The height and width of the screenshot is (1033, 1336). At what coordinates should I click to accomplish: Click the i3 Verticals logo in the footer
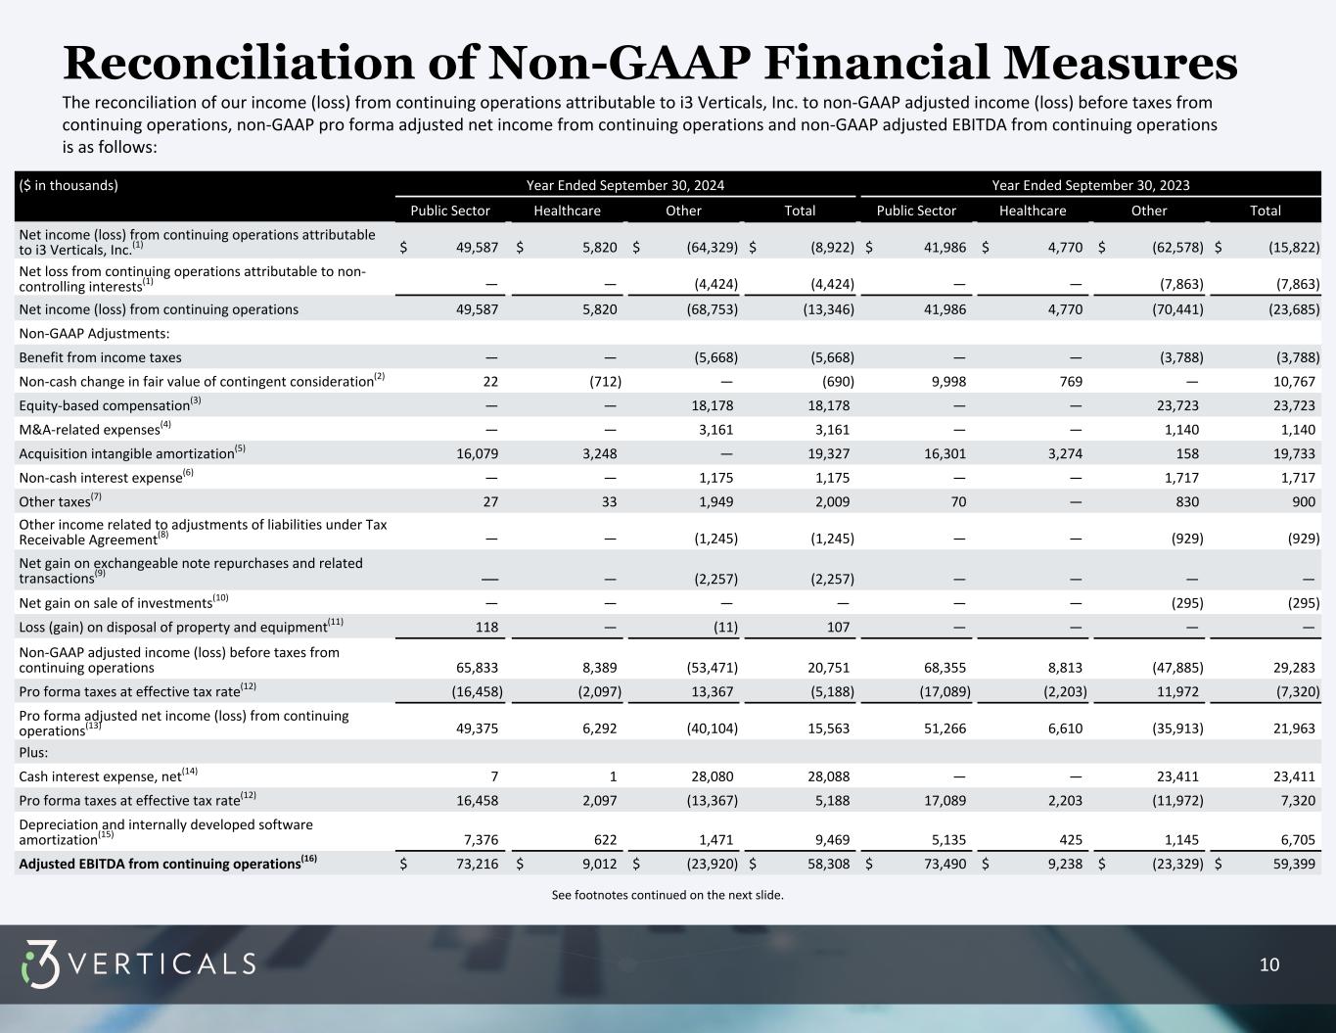pyautogui.click(x=138, y=964)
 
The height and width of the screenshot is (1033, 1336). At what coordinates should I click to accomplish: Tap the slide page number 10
pyautogui.click(x=1268, y=965)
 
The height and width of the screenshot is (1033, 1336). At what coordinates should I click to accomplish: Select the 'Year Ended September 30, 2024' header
pyautogui.click(x=625, y=185)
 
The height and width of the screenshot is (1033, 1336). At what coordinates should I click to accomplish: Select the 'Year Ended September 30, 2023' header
pyautogui.click(x=1090, y=185)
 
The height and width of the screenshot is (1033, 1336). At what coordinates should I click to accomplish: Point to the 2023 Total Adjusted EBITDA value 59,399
pyautogui.click(x=1294, y=864)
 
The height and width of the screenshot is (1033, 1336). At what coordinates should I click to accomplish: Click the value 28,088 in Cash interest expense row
pyautogui.click(x=828, y=776)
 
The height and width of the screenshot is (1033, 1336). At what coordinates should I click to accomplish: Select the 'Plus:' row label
pyautogui.click(x=33, y=752)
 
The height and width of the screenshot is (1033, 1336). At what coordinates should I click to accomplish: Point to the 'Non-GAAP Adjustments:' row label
pyautogui.click(x=94, y=334)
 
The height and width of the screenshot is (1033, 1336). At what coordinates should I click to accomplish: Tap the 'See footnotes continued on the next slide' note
pyautogui.click(x=668, y=895)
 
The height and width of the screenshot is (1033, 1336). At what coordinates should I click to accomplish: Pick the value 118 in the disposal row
pyautogui.click(x=486, y=627)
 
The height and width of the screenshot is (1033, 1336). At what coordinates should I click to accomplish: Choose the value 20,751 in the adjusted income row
pyautogui.click(x=828, y=667)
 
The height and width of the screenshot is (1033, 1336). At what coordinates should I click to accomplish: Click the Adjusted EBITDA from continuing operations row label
pyautogui.click(x=167, y=864)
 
